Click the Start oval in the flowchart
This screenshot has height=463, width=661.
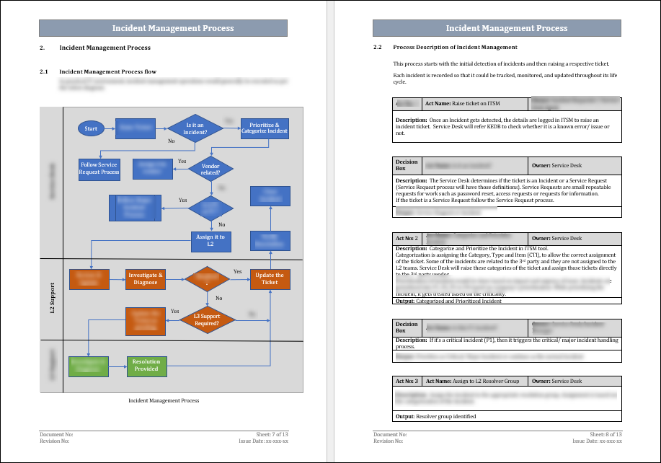coord(91,128)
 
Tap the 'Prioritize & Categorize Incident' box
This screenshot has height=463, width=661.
coord(265,128)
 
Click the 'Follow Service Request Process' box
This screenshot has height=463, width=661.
coord(99,169)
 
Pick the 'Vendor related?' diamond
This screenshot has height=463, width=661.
coord(210,169)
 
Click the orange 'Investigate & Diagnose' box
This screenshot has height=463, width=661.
coord(146,279)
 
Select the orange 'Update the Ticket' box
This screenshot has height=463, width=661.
coord(270,278)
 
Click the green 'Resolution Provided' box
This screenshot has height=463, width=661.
coord(146,366)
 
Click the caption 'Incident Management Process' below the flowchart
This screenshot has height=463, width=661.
coord(164,400)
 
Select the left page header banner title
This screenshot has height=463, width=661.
coord(173,28)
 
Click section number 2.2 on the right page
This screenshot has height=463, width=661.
coord(377,47)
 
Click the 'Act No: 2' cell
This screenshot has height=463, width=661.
coord(407,237)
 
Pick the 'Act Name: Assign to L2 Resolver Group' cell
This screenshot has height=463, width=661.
coord(476,380)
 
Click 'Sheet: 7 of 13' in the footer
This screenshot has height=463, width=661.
coord(272,434)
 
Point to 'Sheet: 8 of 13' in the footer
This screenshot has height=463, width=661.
coord(605,434)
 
